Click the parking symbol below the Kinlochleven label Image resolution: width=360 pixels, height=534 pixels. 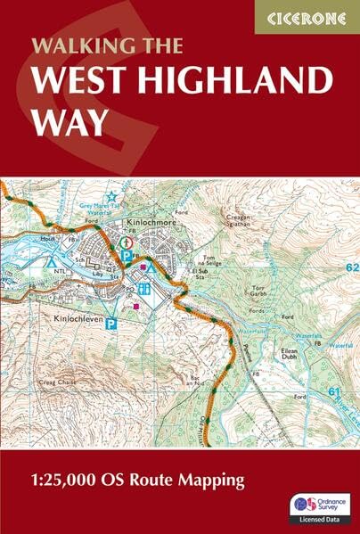click(111, 326)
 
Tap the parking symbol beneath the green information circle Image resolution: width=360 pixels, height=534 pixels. click(127, 255)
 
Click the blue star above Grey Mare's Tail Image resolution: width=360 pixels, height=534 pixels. click(111, 197)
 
